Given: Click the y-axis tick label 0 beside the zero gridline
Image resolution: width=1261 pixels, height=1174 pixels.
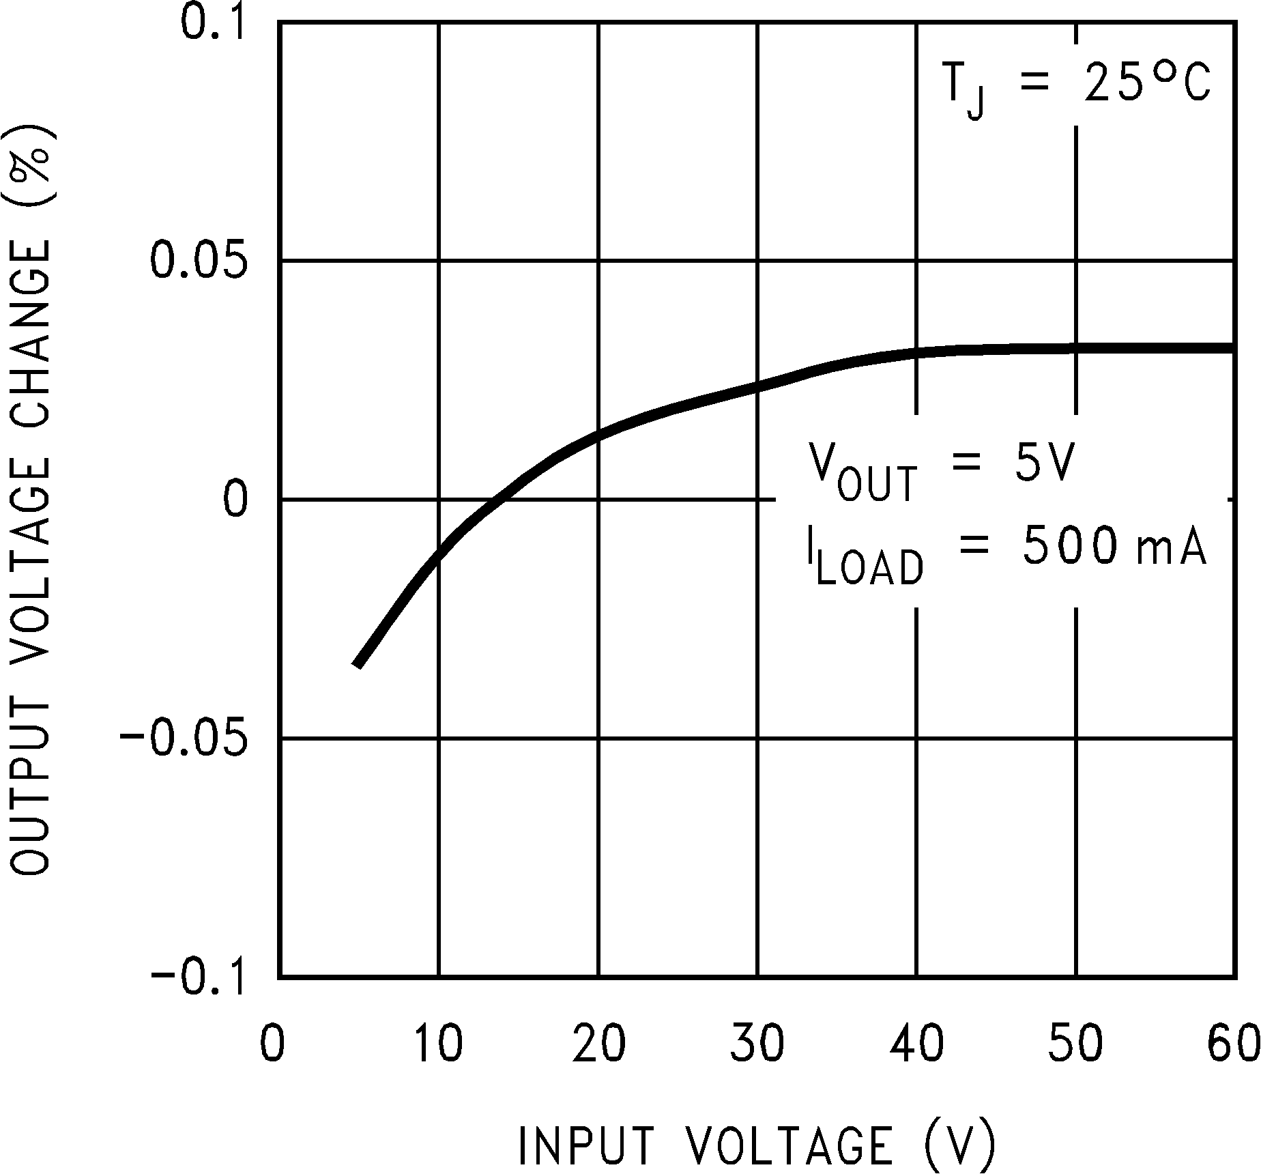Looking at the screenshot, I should point(235,500).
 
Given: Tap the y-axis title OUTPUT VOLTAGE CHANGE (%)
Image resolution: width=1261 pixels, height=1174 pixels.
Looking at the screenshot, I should point(31,500).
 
